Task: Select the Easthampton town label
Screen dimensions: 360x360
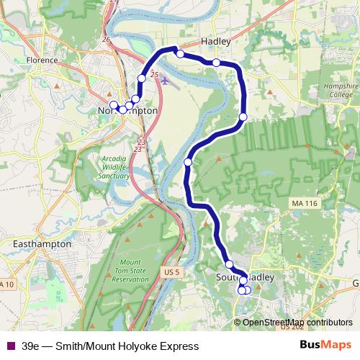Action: tap(43, 244)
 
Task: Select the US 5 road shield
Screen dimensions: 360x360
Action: tap(171, 251)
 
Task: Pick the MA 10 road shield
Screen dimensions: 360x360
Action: tap(7, 284)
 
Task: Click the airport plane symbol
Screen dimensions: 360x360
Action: tap(168, 81)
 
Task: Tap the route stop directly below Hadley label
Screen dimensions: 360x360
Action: tap(216, 63)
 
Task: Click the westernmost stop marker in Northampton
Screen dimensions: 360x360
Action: tap(113, 104)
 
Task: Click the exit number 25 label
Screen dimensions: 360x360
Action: tap(154, 75)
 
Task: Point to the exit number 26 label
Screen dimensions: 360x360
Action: tap(107, 40)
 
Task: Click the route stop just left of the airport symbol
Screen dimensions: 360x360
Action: tap(142, 78)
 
